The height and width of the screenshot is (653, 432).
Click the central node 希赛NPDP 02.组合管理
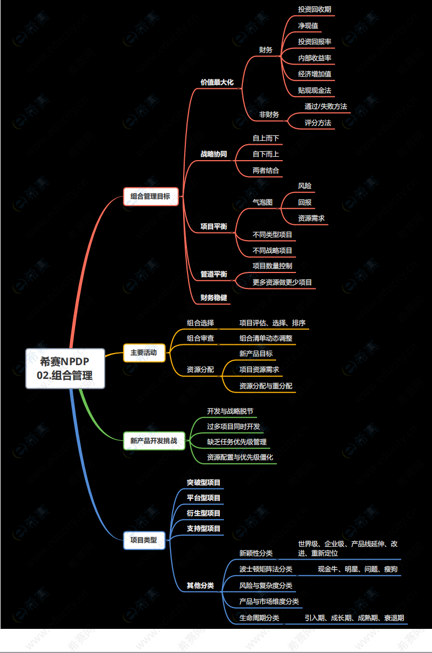(x=65, y=368)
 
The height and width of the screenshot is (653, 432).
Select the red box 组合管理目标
(x=150, y=196)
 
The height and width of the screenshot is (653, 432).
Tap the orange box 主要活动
(x=143, y=353)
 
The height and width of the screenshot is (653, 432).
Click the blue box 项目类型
(x=143, y=540)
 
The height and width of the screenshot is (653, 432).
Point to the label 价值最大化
(x=217, y=82)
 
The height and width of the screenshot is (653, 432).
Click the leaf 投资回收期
(x=314, y=9)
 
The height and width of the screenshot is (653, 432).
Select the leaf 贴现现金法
(x=314, y=90)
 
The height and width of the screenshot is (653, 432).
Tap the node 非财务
(x=269, y=115)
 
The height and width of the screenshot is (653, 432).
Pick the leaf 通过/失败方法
(x=326, y=106)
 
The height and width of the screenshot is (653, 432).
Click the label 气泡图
(x=262, y=202)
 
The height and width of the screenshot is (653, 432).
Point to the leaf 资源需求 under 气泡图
(x=311, y=218)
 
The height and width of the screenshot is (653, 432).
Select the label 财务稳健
(x=213, y=298)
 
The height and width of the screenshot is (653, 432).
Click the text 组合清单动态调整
(x=266, y=338)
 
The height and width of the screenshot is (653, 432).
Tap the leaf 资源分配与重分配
(x=265, y=386)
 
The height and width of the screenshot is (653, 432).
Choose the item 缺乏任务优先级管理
(x=236, y=442)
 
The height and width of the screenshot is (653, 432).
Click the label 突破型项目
(x=203, y=483)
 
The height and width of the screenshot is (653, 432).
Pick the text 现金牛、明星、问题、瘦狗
(x=357, y=569)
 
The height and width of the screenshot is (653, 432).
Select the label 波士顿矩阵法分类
(x=265, y=569)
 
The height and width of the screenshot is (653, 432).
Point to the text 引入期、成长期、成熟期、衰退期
(x=354, y=618)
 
